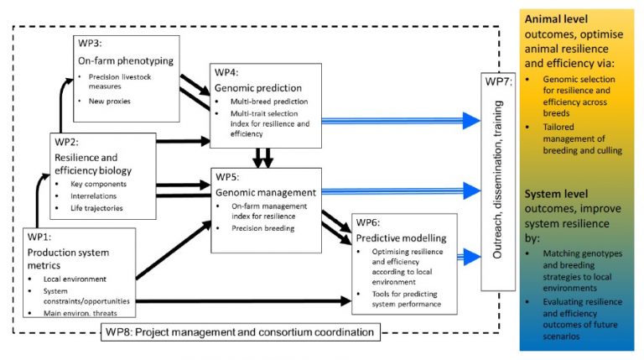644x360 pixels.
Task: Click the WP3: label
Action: (x=90, y=43)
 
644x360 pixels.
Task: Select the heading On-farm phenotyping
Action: (x=126, y=60)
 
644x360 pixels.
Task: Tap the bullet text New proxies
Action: (x=109, y=101)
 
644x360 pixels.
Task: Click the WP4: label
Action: (x=226, y=72)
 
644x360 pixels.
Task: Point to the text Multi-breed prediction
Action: (x=269, y=102)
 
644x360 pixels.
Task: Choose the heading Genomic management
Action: (x=266, y=192)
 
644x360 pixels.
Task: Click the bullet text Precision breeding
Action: (x=262, y=228)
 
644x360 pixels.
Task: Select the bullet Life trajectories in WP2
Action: (x=96, y=208)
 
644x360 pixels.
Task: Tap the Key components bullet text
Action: (x=98, y=184)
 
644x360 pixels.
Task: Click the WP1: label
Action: (x=39, y=237)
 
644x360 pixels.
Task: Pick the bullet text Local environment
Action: (x=75, y=279)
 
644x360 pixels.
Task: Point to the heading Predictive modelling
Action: (x=401, y=238)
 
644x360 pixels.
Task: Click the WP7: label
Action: (x=498, y=81)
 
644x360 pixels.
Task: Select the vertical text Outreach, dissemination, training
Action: (x=498, y=180)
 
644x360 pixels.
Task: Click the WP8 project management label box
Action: (x=241, y=332)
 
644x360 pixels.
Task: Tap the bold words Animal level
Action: (x=556, y=19)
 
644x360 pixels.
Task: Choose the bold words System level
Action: (x=556, y=194)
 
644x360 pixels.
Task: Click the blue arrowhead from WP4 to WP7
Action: (x=471, y=120)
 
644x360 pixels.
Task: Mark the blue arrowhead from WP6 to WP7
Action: (x=472, y=257)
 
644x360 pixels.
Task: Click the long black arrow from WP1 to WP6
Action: (x=243, y=301)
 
